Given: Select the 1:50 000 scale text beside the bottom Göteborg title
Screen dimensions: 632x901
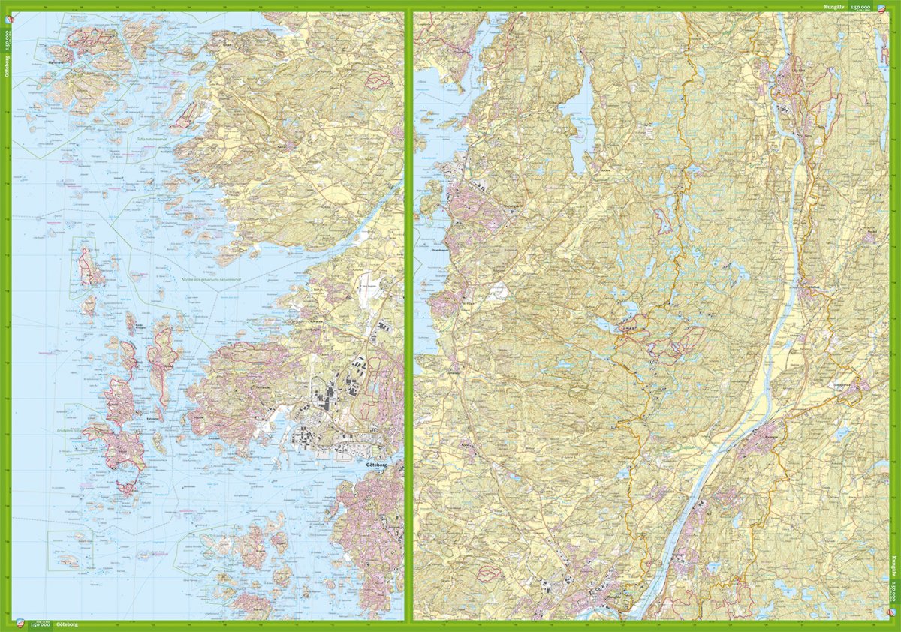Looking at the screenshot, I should click(41, 624).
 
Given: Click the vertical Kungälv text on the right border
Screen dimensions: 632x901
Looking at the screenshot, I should click(895, 564).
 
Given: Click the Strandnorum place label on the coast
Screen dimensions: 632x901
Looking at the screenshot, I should click(426, 241).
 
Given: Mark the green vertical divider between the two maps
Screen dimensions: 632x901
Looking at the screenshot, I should click(408, 315).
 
